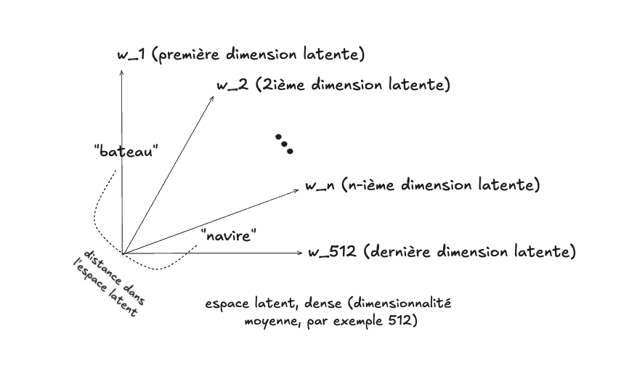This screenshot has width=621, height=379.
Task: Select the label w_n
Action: tap(320, 186)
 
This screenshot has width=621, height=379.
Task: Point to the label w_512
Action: tap(332, 253)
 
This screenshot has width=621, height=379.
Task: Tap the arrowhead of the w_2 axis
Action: tap(212, 96)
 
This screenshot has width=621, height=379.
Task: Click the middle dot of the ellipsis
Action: tap(284, 144)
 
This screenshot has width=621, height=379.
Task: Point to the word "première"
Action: tap(187, 55)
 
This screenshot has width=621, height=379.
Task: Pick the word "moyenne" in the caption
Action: tap(268, 320)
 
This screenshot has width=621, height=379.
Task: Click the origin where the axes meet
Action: tap(123, 253)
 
